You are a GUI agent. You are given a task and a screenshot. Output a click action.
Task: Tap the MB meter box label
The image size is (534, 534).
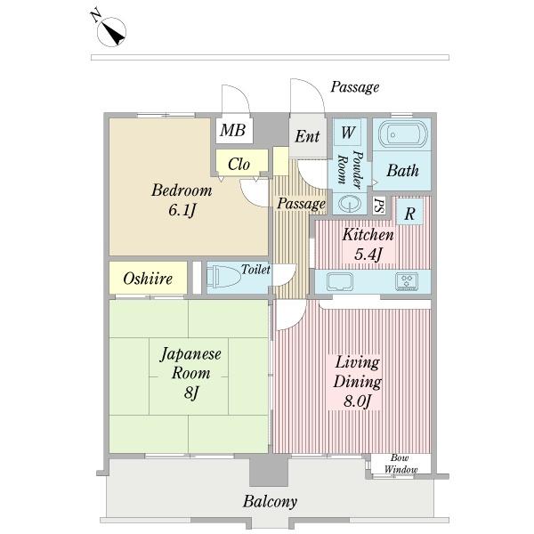click(x=232, y=130)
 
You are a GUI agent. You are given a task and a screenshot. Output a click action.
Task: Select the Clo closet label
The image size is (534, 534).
click(x=239, y=164)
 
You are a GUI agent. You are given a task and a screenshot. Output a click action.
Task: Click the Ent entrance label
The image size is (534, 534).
click(x=307, y=136)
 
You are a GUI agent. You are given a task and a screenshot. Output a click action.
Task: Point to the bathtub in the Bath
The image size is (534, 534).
click(x=403, y=135)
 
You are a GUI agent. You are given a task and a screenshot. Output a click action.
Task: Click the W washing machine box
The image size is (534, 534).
click(x=347, y=132)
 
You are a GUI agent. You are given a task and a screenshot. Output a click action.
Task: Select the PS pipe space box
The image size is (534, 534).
click(x=379, y=206)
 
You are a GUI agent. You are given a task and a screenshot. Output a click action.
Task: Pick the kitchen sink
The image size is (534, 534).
click(x=340, y=282)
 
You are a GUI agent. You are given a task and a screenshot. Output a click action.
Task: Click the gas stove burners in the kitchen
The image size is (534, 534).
click(x=407, y=281)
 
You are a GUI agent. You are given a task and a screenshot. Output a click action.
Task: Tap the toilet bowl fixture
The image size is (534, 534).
click(x=223, y=277)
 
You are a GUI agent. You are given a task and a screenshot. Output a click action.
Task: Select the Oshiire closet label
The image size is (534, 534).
click(x=148, y=279)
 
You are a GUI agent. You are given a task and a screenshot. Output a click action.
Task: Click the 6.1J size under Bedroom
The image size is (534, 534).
click(x=182, y=210)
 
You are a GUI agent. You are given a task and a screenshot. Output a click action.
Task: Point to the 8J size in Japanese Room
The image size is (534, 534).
click(x=190, y=392)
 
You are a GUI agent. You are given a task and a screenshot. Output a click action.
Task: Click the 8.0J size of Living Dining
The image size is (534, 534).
click(x=357, y=401)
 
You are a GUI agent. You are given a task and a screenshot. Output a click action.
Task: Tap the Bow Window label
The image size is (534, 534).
click(x=400, y=464)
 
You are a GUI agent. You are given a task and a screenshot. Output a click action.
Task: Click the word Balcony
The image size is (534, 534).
click(x=270, y=501)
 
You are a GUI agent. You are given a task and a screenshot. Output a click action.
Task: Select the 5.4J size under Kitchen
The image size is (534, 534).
click(x=368, y=254)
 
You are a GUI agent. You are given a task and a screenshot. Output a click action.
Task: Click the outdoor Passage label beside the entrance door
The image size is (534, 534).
click(x=355, y=87)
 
